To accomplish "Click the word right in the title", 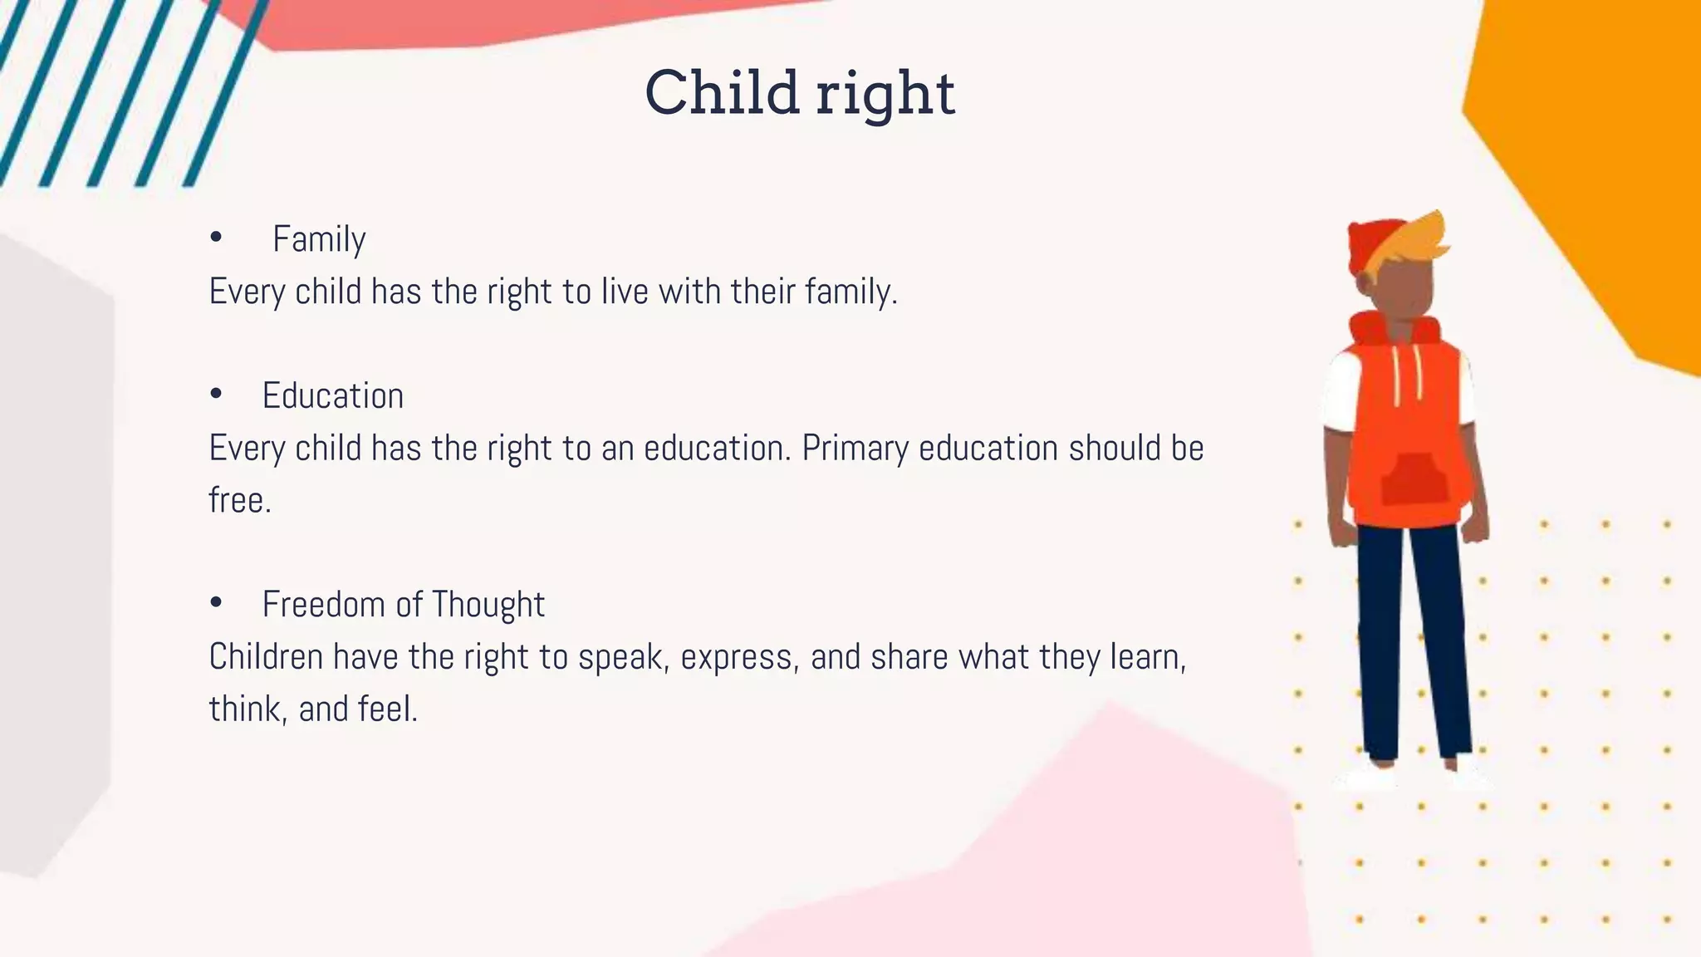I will click(x=885, y=96).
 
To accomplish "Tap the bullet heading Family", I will click(x=319, y=239).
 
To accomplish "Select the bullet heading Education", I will click(x=333, y=395).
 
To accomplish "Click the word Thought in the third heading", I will click(x=488, y=605).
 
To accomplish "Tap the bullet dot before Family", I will click(x=216, y=238).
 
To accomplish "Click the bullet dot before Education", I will click(x=216, y=394).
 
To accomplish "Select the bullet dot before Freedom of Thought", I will click(x=216, y=602).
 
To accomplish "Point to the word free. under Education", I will click(x=240, y=500).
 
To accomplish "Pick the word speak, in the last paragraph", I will click(x=624, y=657).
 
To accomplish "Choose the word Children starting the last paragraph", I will click(x=266, y=657).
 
